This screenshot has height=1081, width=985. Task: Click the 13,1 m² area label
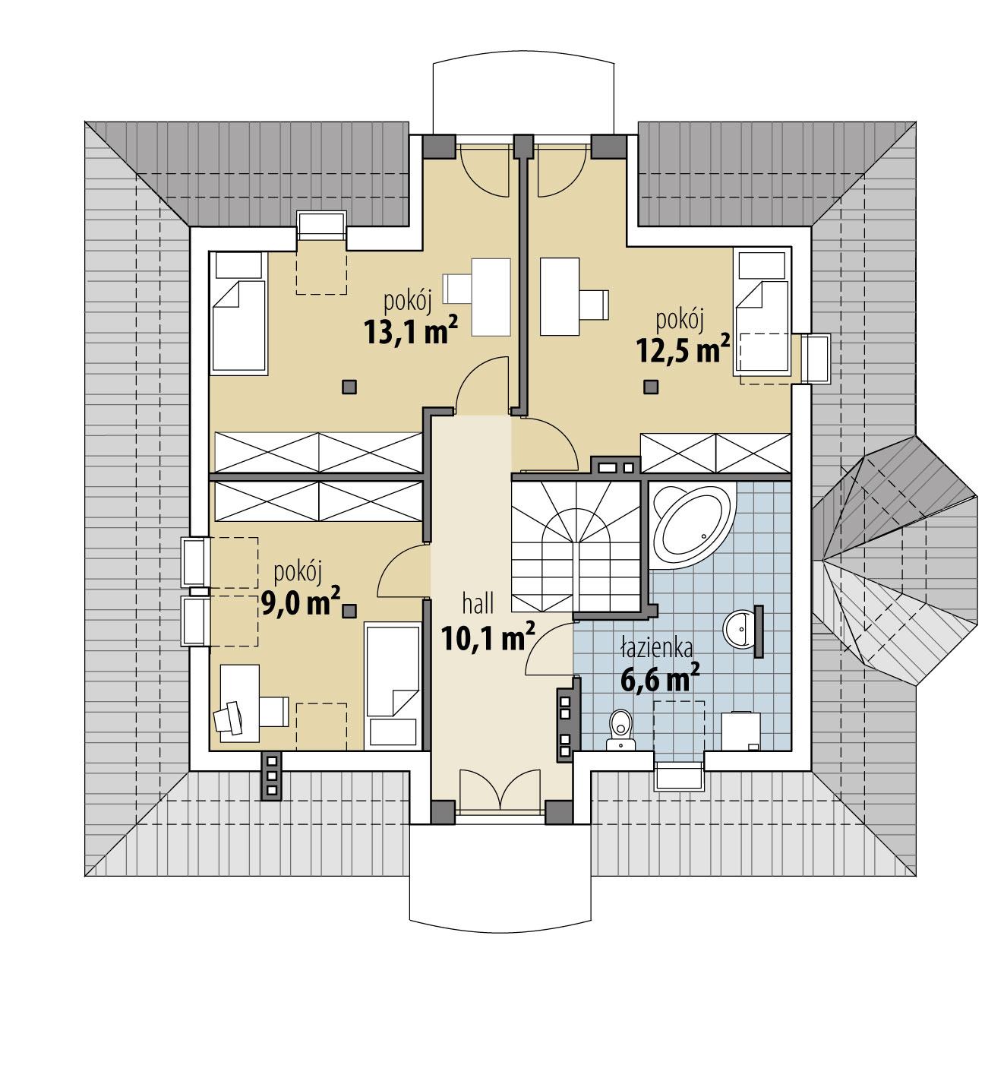pos(411,332)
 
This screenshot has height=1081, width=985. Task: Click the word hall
pos(478,604)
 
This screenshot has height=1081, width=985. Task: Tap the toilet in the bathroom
pos(620,731)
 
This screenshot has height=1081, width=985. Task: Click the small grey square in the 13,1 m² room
pos(349,387)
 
